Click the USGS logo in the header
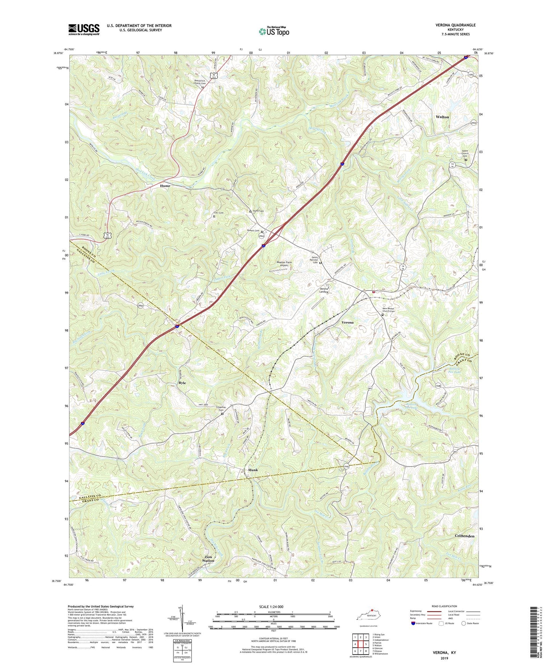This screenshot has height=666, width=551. [x=84, y=29]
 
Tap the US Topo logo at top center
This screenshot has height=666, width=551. [x=274, y=31]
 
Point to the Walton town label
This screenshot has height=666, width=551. [x=442, y=117]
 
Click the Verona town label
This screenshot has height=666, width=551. [x=347, y=322]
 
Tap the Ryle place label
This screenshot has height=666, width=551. [x=182, y=382]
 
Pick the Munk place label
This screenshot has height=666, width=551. [x=253, y=470]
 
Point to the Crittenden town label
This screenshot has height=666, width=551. [x=464, y=536]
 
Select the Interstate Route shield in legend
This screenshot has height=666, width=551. [x=413, y=623]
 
